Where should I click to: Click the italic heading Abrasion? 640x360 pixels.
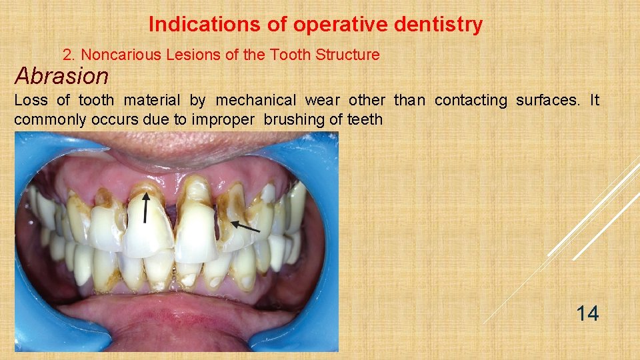coord(61,76)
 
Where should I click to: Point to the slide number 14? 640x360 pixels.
coord(587,313)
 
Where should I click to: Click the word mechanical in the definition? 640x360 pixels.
coord(256,101)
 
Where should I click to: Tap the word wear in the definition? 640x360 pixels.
coord(323,101)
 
